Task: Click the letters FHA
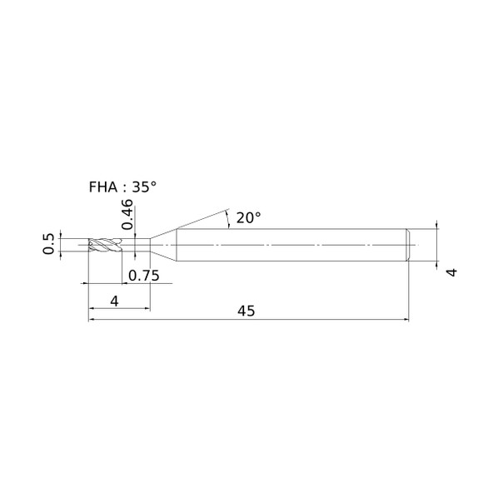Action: pyautogui.click(x=103, y=187)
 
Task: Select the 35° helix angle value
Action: pyautogui.click(x=144, y=187)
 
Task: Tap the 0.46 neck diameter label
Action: pyautogui.click(x=127, y=214)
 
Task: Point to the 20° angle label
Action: pyautogui.click(x=248, y=218)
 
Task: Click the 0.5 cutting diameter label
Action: pyautogui.click(x=48, y=244)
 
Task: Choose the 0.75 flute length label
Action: pyautogui.click(x=144, y=276)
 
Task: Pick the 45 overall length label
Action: pyautogui.click(x=247, y=311)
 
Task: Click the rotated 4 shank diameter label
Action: pyautogui.click(x=451, y=272)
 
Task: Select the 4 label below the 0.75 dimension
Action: pyautogui.click(x=114, y=301)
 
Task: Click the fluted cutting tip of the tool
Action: pyautogui.click(x=105, y=245)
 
